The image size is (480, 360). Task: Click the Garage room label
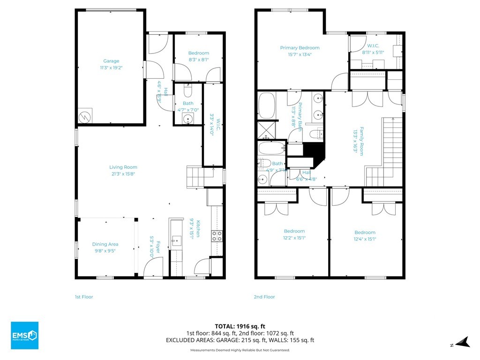(111, 61)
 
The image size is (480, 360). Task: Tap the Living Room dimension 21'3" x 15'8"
(123, 174)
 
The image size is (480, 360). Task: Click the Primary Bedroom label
(300, 48)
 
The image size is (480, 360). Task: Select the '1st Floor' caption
(84, 297)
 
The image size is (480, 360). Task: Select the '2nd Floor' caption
(265, 297)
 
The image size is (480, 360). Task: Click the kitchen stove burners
(217, 236)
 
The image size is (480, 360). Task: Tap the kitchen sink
(176, 241)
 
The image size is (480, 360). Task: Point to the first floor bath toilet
(188, 88)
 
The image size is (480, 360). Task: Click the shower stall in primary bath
(266, 131)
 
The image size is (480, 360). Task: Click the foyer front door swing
(152, 269)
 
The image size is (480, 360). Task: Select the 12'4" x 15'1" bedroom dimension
(365, 239)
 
